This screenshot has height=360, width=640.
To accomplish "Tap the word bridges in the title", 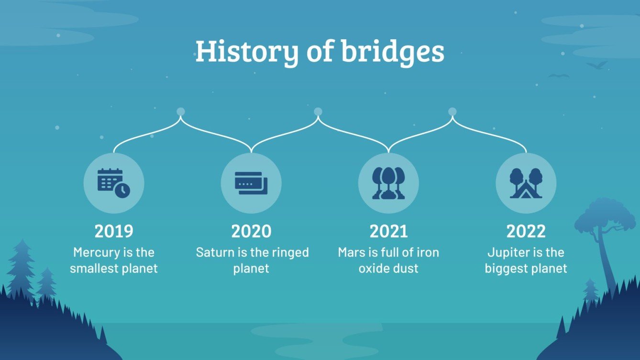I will [392, 52].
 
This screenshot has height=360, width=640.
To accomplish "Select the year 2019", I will [114, 231].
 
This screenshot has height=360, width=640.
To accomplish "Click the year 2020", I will [251, 231].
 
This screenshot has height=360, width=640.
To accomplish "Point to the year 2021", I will [388, 231].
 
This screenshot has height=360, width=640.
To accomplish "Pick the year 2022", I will [526, 231].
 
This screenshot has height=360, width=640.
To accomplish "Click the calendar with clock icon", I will [114, 183].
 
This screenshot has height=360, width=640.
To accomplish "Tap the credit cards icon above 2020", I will [251, 183].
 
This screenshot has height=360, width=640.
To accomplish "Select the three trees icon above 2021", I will [388, 183].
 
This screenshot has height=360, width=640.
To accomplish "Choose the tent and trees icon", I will [526, 183].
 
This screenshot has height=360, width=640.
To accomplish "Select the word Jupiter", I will [506, 252].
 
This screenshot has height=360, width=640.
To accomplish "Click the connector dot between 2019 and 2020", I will [180, 112].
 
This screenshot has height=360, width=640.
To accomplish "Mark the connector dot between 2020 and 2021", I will [318, 112].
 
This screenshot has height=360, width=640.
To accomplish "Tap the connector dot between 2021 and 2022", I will [452, 112].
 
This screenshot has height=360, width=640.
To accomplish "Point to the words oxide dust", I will [388, 268].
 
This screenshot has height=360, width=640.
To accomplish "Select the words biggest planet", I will [526, 268].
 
